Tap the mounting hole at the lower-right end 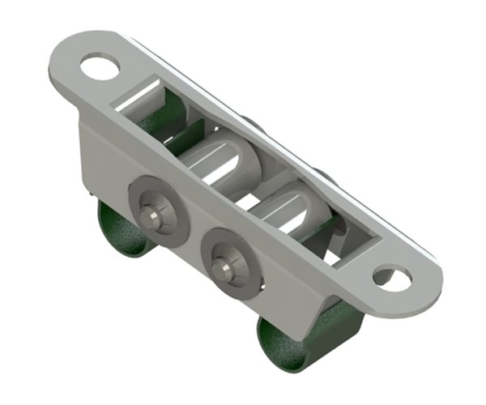tap(393, 277)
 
